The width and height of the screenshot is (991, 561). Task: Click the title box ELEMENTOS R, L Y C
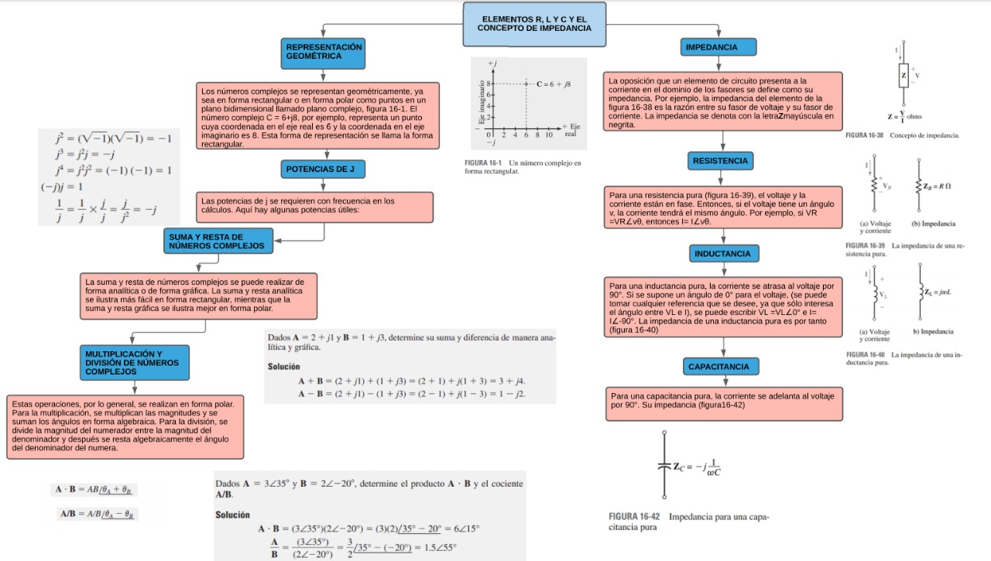(x=533, y=24)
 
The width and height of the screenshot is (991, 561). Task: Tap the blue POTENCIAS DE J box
(x=321, y=169)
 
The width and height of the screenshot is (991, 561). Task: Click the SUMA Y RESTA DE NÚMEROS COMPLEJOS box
(x=218, y=241)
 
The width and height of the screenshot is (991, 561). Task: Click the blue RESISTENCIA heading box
(x=720, y=161)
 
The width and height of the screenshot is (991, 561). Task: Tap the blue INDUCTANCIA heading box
(x=722, y=254)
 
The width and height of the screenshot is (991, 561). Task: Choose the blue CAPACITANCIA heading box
(x=718, y=367)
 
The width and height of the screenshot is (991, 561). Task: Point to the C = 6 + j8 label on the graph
(x=554, y=83)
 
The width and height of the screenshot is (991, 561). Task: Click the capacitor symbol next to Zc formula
(x=663, y=467)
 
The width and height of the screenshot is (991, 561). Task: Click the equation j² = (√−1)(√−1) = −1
(x=112, y=139)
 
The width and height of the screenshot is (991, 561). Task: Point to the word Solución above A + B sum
(x=283, y=366)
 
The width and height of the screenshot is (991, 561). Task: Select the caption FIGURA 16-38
(x=866, y=135)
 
